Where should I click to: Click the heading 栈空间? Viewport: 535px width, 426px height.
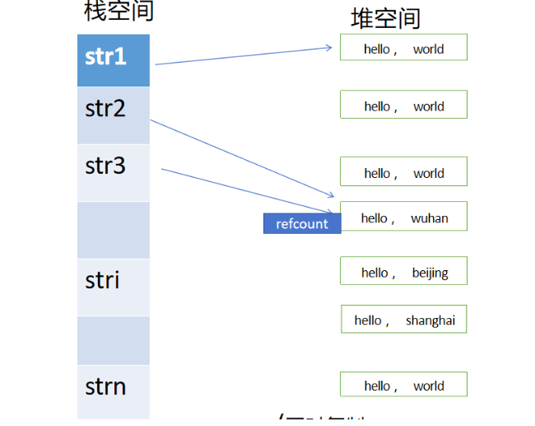point(119,12)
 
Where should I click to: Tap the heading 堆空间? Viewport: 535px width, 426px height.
point(385,18)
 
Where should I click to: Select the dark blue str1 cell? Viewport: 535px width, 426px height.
point(114,59)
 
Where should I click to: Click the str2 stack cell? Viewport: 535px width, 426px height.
point(114,115)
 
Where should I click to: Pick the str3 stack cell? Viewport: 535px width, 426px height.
point(114,172)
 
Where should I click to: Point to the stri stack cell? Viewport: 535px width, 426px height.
point(114,287)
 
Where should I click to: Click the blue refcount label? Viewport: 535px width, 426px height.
point(302,223)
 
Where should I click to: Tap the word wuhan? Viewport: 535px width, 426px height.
point(430,218)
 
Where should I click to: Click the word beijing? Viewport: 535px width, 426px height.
point(430,273)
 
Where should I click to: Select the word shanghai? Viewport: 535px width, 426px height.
point(430,321)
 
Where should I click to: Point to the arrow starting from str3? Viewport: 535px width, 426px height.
point(247,191)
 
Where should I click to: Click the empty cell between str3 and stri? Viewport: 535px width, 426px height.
point(114,230)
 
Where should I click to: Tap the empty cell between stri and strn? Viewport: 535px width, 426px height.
point(114,340)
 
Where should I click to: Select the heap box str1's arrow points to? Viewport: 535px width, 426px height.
point(403,47)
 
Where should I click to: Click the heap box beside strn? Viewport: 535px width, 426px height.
point(403,384)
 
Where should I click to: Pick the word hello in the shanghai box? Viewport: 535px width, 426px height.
point(368,321)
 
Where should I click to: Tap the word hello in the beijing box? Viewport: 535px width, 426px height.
point(374,273)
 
